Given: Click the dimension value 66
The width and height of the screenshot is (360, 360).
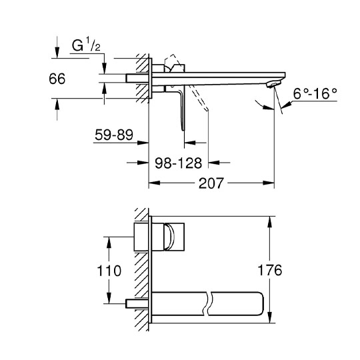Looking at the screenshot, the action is tap(57, 79).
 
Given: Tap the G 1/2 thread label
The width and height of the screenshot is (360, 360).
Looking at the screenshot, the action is tap(86, 45).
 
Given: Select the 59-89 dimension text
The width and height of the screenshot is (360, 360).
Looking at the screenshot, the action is tap(114, 135).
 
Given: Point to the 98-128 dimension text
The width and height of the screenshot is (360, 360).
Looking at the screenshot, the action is tap(179, 163).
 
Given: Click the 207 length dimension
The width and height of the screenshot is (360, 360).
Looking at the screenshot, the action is tap(211, 183).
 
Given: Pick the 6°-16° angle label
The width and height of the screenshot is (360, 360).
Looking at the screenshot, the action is tap(315, 93).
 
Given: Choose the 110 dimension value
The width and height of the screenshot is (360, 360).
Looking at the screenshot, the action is tap(109, 271).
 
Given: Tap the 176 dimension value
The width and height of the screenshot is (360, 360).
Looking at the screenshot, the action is tap(270, 270).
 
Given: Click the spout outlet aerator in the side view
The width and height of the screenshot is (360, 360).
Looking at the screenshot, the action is tap(274, 84).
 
